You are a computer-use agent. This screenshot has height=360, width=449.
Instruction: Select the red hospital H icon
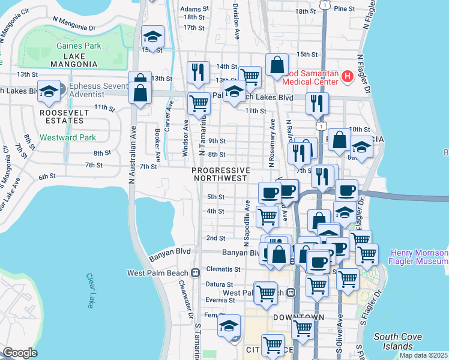(346, 76)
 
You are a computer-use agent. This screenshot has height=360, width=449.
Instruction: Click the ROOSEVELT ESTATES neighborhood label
(62, 116)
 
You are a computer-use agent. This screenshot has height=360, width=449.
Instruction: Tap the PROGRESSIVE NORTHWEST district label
(220, 174)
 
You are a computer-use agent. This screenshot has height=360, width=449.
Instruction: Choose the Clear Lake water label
(91, 290)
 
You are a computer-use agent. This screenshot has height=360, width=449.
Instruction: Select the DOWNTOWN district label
(298, 317)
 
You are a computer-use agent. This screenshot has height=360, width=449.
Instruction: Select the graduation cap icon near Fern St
(229, 326)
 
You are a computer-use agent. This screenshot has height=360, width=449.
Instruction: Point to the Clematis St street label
(223, 269)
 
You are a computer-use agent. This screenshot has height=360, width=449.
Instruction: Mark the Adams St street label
(194, 9)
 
